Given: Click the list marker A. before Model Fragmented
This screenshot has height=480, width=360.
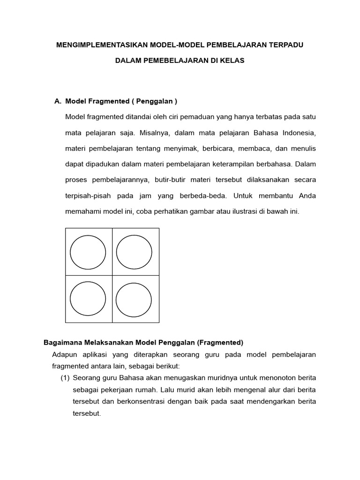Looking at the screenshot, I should (x=59, y=101).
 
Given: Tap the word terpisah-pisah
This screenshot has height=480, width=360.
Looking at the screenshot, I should (x=88, y=196).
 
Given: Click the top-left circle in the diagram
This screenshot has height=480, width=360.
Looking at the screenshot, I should (x=88, y=252).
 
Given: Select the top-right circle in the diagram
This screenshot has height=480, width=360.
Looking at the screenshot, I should (x=134, y=252).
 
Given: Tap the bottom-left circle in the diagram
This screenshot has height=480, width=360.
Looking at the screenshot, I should (x=88, y=299).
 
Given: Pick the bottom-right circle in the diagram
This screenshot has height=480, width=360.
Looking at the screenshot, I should (x=134, y=299).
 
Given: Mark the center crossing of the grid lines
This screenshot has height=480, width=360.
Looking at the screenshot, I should (x=112, y=276).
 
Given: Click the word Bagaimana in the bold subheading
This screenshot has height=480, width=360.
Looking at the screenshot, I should (x=62, y=342).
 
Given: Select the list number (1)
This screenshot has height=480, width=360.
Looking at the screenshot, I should (x=66, y=377).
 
